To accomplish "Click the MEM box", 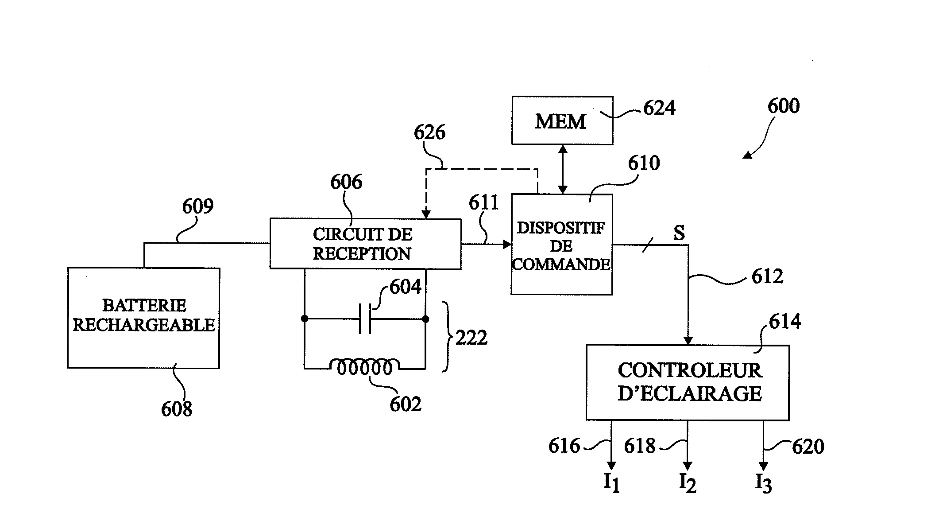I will pyautogui.click(x=562, y=121).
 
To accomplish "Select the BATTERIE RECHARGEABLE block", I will pyautogui.click(x=143, y=317).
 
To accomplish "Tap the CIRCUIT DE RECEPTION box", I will pyautogui.click(x=365, y=244).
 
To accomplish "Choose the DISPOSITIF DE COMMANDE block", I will pyautogui.click(x=561, y=245).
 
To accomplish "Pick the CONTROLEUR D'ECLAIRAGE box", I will pyautogui.click(x=688, y=382).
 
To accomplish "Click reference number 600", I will pyautogui.click(x=783, y=106).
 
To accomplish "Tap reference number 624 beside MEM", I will pyautogui.click(x=659, y=109).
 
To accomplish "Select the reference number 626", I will pyautogui.click(x=429, y=132).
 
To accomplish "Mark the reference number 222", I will pyautogui.click(x=471, y=338).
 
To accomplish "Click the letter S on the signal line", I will pyautogui.click(x=679, y=233).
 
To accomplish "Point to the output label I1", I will pyautogui.click(x=611, y=482).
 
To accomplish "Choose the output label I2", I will pyautogui.click(x=688, y=483).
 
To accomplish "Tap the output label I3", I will pyautogui.click(x=763, y=483).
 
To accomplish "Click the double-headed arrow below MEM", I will pyautogui.click(x=563, y=169).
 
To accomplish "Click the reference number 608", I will pyautogui.click(x=176, y=409).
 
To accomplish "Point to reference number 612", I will pyautogui.click(x=767, y=277).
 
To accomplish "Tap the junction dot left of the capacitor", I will pyautogui.click(x=305, y=319).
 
